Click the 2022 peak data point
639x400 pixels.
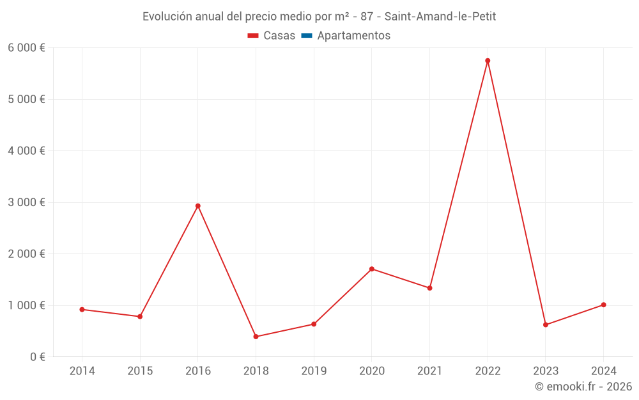(488, 61)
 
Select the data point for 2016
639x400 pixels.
(198, 206)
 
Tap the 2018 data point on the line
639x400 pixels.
(256, 337)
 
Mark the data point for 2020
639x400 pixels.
(372, 269)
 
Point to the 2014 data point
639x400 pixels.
(82, 309)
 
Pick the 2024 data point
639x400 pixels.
(603, 305)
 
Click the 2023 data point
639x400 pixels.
(546, 324)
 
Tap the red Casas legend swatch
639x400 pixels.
(253, 36)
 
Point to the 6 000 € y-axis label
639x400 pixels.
(26, 48)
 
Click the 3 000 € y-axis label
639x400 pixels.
(26, 202)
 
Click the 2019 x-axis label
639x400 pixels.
(314, 371)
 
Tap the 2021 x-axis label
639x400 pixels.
(429, 371)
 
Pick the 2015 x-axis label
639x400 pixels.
(140, 371)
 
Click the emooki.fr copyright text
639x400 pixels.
(583, 387)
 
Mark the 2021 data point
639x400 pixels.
(429, 288)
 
